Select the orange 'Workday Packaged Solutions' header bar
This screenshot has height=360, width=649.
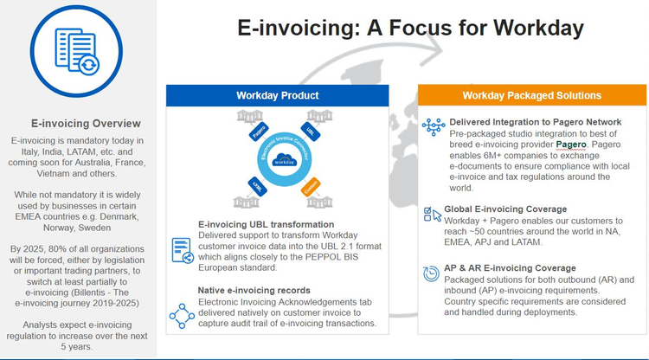(x=531, y=95)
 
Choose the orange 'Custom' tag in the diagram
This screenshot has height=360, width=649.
(x=310, y=187)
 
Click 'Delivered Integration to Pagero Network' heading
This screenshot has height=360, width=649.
(x=535, y=121)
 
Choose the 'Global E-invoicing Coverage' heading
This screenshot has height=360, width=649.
(x=505, y=209)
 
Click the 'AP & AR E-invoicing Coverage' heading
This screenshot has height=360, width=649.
(x=511, y=267)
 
